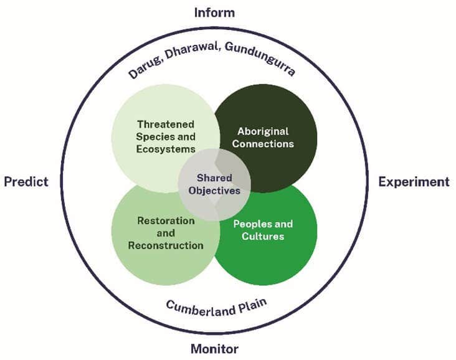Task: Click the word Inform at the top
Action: point(214,11)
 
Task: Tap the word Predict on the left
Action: point(26,181)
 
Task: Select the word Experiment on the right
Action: point(414,181)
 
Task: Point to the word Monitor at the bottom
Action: point(214,349)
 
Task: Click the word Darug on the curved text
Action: point(142,69)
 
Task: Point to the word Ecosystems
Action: point(166,149)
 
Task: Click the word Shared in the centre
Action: point(214,178)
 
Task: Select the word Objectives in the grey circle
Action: point(214,191)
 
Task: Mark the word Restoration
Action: point(166,220)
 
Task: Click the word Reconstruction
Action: point(166,245)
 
